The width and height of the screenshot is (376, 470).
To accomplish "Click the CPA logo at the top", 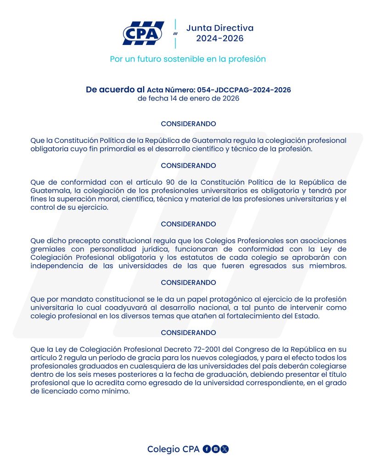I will click(143, 33).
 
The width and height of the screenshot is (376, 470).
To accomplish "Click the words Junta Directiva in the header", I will click(220, 28).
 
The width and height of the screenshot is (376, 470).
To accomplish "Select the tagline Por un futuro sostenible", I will click(188, 59).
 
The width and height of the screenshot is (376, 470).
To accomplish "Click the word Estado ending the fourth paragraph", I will click(308, 316).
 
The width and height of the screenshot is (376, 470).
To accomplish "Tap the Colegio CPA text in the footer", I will click(173, 449).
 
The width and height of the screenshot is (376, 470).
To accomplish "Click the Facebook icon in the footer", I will click(207, 449).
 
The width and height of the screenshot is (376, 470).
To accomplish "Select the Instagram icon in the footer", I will click(215, 449).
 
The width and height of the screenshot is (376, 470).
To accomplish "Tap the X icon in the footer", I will click(224, 449).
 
